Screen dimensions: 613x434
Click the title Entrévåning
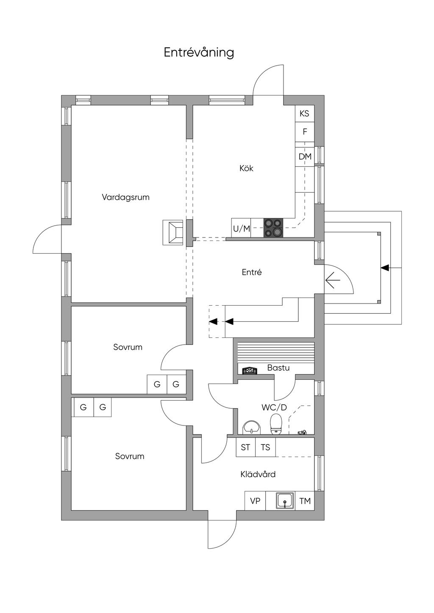point(199,52)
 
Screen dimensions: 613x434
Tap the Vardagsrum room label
point(125,197)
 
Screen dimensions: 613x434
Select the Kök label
point(246,168)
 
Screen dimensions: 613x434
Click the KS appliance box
point(304,113)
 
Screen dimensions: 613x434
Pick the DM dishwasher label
point(305,157)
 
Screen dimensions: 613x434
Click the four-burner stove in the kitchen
point(273,228)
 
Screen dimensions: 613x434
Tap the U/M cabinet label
point(241,229)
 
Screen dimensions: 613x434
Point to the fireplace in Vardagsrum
point(173,232)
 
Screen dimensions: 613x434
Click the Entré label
point(252,273)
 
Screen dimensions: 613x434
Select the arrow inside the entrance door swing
point(333,280)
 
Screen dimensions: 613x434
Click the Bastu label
point(278,368)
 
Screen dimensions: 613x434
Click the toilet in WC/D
point(276,424)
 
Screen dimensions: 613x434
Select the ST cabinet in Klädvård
point(245,447)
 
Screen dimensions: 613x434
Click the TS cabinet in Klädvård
point(265,447)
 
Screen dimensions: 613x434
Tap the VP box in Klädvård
point(255,501)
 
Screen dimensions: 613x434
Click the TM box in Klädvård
point(305,501)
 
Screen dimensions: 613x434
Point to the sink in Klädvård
point(285,501)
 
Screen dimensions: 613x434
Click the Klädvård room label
point(258,475)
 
